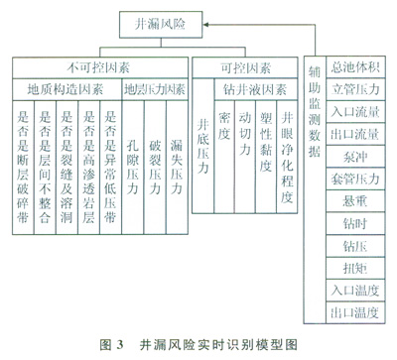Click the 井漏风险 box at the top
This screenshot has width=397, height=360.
click(161, 25)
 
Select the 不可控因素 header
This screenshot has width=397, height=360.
click(100, 68)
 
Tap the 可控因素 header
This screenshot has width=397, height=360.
click(245, 68)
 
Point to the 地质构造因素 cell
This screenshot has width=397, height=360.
click(67, 89)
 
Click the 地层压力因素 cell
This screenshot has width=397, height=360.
click(155, 89)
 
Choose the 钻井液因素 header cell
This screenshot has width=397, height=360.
click(256, 89)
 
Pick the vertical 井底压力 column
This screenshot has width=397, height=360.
click(203, 146)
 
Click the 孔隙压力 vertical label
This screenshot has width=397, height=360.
click(133, 168)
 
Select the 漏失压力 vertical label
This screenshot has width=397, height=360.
click(177, 168)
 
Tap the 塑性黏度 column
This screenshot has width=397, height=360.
click(266, 157)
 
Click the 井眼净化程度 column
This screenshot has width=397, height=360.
click(287, 157)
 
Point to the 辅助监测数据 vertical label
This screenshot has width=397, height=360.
click(315, 111)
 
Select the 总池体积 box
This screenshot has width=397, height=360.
click(355, 67)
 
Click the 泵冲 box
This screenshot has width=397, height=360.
click(355, 157)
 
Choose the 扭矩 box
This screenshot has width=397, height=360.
click(355, 268)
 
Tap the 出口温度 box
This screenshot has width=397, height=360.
click(355, 312)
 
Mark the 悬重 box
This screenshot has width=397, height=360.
click(355, 201)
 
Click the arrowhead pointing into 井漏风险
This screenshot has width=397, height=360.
click(205, 25)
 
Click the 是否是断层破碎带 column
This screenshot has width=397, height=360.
click(23, 168)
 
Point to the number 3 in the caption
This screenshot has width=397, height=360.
click(119, 345)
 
